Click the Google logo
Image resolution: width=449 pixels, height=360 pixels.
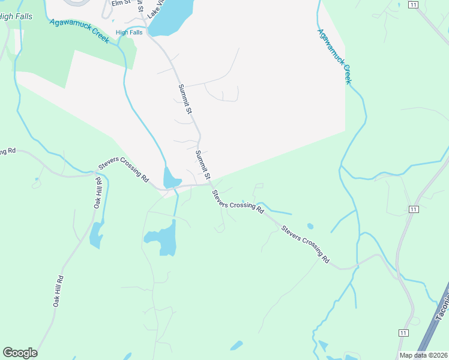click(x=20, y=353)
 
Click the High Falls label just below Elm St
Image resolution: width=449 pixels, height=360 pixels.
click(x=129, y=32)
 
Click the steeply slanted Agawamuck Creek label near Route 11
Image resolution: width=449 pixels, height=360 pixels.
click(x=334, y=56)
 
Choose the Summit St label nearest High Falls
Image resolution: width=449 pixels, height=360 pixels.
click(x=185, y=99)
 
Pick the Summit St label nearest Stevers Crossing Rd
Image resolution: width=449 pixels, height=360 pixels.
click(x=202, y=165)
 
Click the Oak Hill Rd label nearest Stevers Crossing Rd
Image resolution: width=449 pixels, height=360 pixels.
click(x=98, y=193)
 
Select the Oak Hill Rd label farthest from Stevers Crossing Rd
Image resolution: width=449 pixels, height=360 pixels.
click(x=58, y=291)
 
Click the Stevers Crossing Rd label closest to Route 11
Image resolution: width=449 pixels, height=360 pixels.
click(x=306, y=244)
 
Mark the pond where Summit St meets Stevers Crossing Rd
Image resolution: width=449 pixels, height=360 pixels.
click(x=171, y=178)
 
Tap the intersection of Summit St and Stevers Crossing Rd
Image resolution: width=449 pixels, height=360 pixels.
click(x=209, y=184)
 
